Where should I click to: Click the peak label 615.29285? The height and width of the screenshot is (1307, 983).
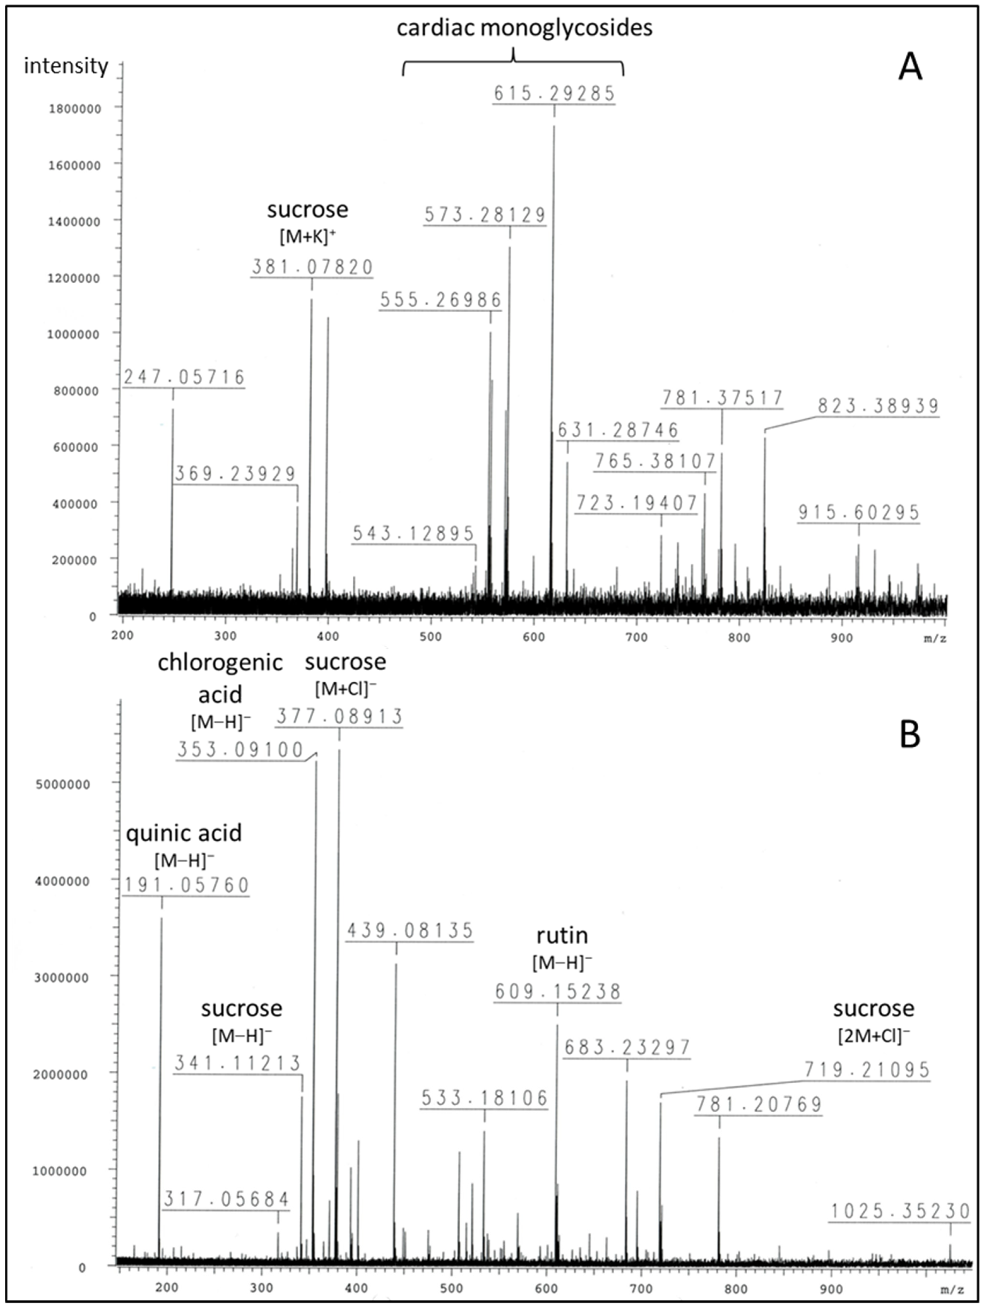pos(554,93)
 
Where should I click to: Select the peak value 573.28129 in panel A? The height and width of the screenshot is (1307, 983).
pos(485,215)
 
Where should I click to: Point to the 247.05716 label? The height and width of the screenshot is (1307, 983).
pos(184,377)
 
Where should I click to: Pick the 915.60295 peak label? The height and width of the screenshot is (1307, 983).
pos(858,512)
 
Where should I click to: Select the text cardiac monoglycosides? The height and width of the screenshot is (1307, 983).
pos(524,28)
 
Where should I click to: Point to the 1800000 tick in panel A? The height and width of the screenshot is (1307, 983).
pos(74,108)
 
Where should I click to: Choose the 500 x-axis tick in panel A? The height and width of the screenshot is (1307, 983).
pos(430,637)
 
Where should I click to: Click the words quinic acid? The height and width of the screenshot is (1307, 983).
pos(184,833)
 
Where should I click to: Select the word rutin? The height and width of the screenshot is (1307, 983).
pos(562,935)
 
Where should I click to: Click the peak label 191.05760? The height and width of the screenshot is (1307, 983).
pos(186,885)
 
